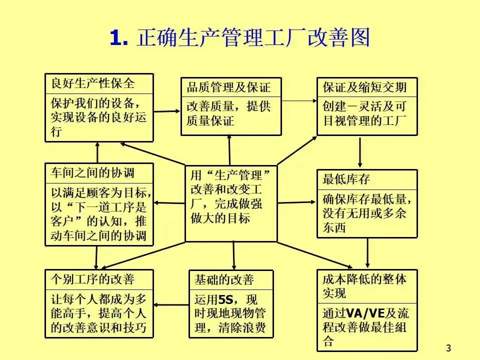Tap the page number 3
pyautogui.click(x=448, y=348)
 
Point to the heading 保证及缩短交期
pyautogui.click(x=364, y=88)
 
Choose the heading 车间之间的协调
pyautogui.click(x=92, y=173)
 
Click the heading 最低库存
pyautogui.click(x=346, y=179)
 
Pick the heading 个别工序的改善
pyautogui.click(x=92, y=279)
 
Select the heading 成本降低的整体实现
pyautogui.click(x=364, y=285)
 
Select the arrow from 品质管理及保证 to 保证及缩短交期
pyautogui.click(x=299, y=101)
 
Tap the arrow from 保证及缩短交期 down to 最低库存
pyautogui.click(x=360, y=152)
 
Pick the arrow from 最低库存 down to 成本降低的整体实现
pyautogui.click(x=367, y=253)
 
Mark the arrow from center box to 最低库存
pyautogui.click(x=297, y=202)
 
